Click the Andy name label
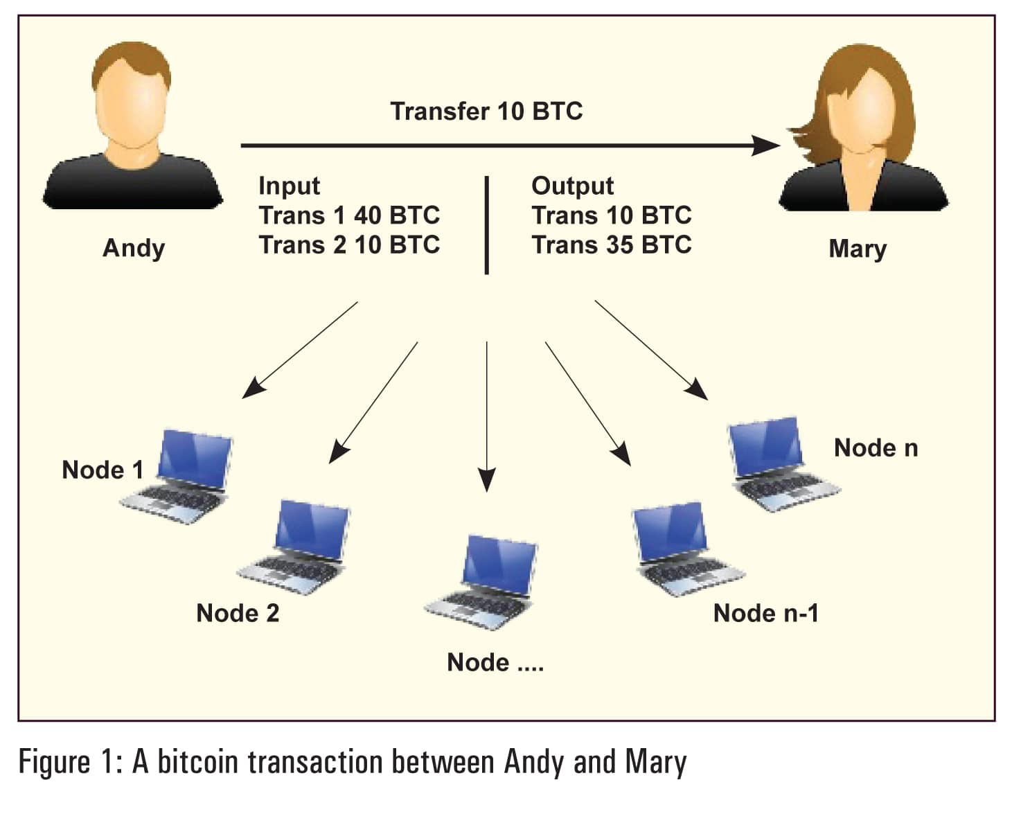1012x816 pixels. (134, 248)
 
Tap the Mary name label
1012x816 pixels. (857, 248)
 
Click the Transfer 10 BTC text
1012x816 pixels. (486, 112)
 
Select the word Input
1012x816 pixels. (289, 186)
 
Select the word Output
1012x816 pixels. (572, 186)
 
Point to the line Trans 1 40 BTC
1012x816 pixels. (349, 215)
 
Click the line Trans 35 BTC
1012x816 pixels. (611, 245)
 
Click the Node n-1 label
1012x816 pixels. (765, 613)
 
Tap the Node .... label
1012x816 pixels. (495, 663)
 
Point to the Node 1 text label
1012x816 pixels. (103, 470)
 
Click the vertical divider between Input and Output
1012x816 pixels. (487, 225)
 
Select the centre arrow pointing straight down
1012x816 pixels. (487, 416)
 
